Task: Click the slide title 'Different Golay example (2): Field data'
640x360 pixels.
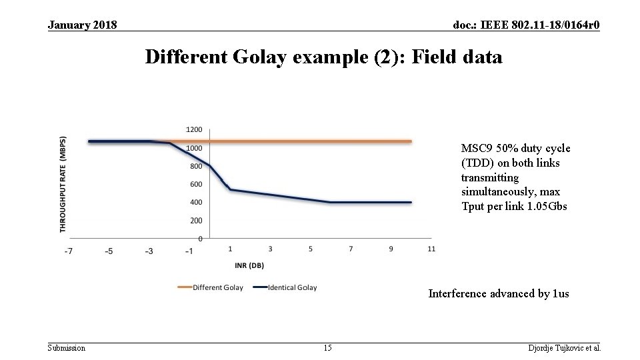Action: click(323, 57)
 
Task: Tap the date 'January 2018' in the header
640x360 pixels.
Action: click(83, 25)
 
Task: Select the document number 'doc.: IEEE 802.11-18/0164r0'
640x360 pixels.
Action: click(526, 25)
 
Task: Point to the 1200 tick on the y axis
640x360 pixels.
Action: click(194, 129)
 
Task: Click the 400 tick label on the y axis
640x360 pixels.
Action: click(196, 202)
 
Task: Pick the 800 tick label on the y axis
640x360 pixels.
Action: click(196, 166)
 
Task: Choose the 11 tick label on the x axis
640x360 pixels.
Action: click(431, 249)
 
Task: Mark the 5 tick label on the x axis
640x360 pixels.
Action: click(311, 249)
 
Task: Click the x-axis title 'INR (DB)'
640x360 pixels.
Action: click(249, 265)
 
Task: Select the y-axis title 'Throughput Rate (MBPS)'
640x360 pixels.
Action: click(63, 184)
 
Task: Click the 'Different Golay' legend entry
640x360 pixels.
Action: click(217, 288)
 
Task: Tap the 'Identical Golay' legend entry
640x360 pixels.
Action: click(292, 288)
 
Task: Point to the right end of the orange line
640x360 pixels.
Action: click(411, 141)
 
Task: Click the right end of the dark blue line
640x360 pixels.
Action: click(411, 202)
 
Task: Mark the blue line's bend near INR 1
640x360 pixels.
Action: click(230, 190)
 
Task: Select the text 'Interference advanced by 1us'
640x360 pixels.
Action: click(498, 293)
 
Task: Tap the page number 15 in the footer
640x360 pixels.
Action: click(327, 348)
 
